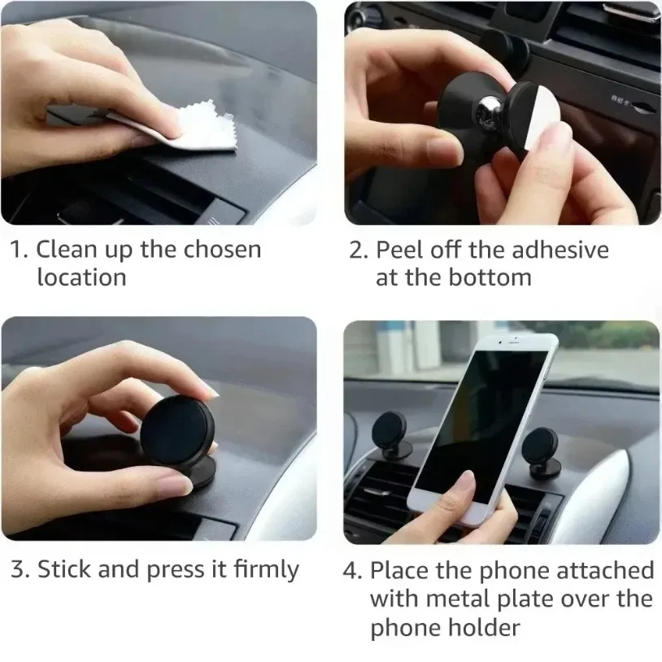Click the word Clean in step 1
(x=68, y=249)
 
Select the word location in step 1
(x=81, y=277)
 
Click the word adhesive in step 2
(x=555, y=249)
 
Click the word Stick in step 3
(x=64, y=569)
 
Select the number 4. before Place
(x=351, y=571)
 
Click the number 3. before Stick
(x=20, y=570)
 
